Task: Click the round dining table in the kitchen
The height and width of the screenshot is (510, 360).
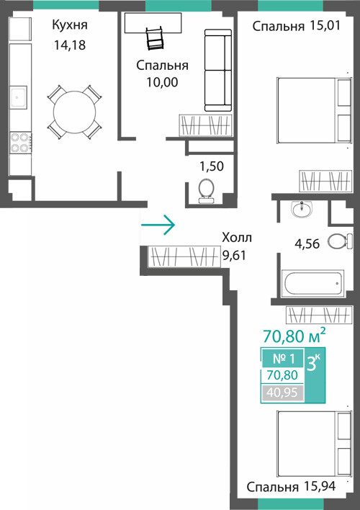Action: pos(74,112)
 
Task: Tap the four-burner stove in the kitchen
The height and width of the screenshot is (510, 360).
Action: pos(20,143)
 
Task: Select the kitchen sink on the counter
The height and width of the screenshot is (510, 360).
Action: pos(18,97)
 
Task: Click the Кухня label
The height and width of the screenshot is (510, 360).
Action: pos(70,25)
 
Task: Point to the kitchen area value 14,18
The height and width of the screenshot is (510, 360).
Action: pos(70,45)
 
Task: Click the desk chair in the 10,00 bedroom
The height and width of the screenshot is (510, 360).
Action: pos(155,39)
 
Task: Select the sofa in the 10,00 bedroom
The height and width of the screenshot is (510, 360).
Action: pos(218,70)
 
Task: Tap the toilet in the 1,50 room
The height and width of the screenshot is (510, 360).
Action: pos(206,191)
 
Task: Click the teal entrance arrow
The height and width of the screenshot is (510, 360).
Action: pos(158,225)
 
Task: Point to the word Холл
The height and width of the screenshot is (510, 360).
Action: pos(237,238)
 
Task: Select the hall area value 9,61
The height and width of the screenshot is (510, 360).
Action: pos(234,255)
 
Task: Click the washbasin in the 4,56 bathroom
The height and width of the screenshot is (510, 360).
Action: pos(302,209)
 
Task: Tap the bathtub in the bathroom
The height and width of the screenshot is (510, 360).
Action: pos(312,283)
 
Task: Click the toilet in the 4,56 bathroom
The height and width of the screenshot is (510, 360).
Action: pos(340,241)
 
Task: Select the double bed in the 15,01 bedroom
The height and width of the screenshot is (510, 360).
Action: pos(314,110)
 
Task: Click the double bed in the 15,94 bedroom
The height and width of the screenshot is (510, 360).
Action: pos(314,444)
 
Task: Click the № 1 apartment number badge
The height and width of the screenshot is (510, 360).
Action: pos(283,359)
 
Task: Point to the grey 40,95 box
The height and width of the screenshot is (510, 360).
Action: pos(282,393)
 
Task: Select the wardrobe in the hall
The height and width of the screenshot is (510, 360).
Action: pos(184,256)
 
